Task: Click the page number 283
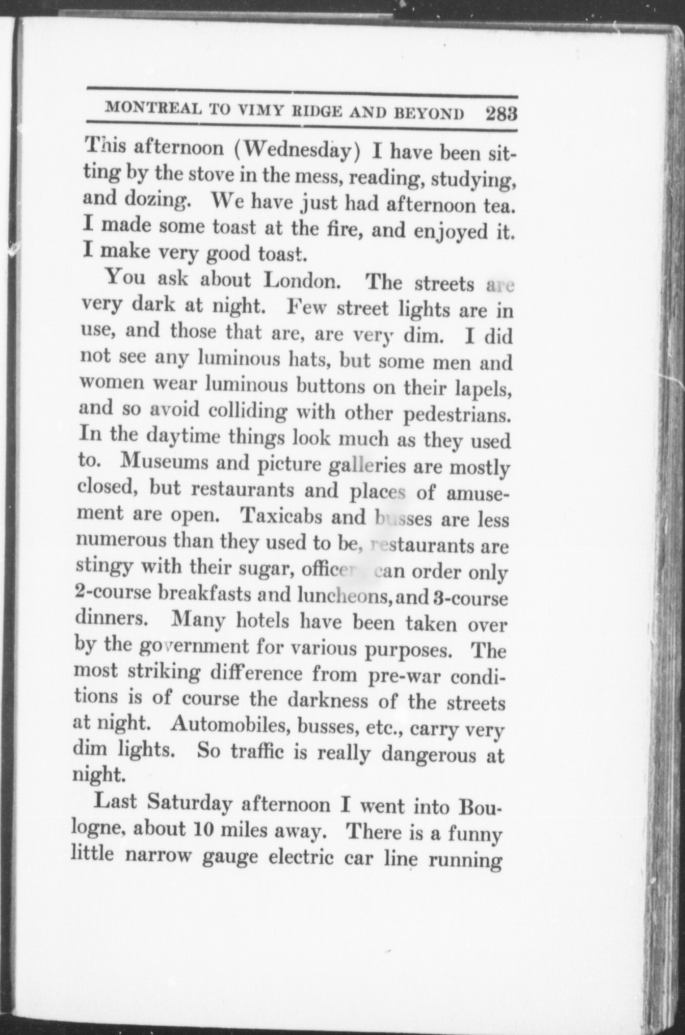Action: pyautogui.click(x=502, y=113)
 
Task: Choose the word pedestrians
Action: pyautogui.click(x=457, y=416)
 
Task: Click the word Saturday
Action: pyautogui.click(x=190, y=804)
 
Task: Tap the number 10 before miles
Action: pyautogui.click(x=195, y=830)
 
